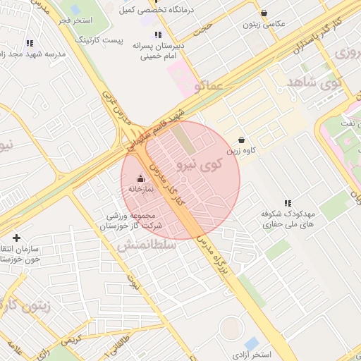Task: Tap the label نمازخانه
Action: (x=141, y=189)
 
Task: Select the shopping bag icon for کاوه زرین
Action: (x=242, y=140)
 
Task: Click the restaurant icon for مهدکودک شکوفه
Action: (x=287, y=202)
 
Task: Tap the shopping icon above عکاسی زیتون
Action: (x=264, y=13)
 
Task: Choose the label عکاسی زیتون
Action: (x=264, y=24)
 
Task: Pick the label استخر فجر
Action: (x=75, y=20)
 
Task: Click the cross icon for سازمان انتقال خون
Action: (x=16, y=238)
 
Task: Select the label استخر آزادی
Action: (x=255, y=352)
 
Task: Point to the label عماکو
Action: (x=205, y=86)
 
